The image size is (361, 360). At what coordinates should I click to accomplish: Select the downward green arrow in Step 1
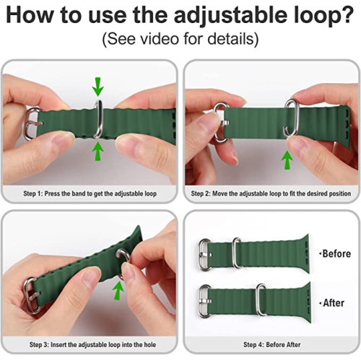(x=98, y=87)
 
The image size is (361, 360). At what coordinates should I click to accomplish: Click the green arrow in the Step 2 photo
(x=287, y=159)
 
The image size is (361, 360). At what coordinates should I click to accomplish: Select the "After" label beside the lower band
(x=332, y=304)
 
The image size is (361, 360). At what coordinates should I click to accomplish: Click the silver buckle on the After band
(x=205, y=296)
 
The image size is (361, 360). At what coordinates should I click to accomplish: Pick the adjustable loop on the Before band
(x=236, y=253)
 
